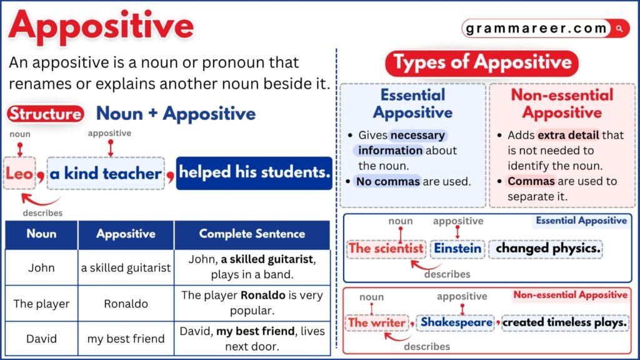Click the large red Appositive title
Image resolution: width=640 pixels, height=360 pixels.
pyautogui.click(x=101, y=27)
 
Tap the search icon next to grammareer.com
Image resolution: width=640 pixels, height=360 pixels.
pyautogui.click(x=619, y=28)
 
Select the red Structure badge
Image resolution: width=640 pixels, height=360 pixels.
pyautogui.click(x=46, y=114)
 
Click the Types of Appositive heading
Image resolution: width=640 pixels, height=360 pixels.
pyautogui.click(x=482, y=62)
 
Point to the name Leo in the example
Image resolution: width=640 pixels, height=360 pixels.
pyautogui.click(x=19, y=173)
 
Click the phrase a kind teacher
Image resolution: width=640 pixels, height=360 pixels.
pyautogui.click(x=105, y=173)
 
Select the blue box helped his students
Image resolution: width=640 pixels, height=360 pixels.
pyautogui.click(x=254, y=172)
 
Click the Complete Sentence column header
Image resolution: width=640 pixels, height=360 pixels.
pyautogui.click(x=252, y=234)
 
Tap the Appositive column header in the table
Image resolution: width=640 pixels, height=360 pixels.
pyautogui.click(x=126, y=234)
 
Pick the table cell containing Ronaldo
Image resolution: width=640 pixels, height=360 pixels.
pyautogui.click(x=126, y=304)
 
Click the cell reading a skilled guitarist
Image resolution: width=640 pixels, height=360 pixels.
pyautogui.click(x=126, y=267)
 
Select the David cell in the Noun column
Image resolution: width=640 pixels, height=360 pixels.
pyautogui.click(x=41, y=339)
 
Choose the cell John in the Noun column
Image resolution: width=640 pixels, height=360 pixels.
pyautogui.click(x=41, y=267)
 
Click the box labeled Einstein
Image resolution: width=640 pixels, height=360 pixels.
pyautogui.click(x=458, y=248)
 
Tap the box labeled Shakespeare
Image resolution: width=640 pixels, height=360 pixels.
pyautogui.click(x=457, y=322)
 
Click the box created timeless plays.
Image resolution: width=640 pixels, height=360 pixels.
pyautogui.click(x=564, y=322)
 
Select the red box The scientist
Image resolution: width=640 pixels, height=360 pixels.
pyautogui.click(x=386, y=248)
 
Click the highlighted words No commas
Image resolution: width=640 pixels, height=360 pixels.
pyautogui.click(x=387, y=181)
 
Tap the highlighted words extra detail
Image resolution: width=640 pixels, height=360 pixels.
pyautogui.click(x=567, y=135)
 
